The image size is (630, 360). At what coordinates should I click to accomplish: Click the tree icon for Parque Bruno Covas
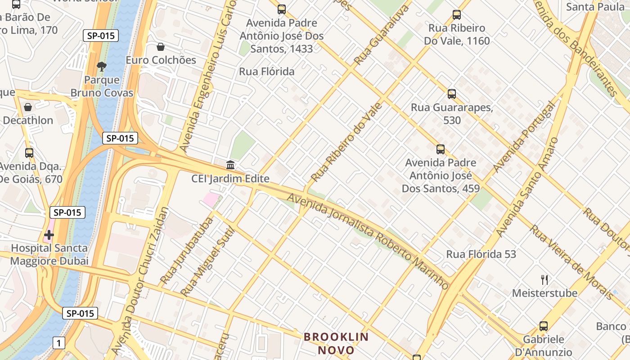pos(102,67)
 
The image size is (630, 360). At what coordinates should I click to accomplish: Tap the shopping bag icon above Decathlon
pos(28,107)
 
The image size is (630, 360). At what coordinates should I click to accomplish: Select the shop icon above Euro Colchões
pos(161,47)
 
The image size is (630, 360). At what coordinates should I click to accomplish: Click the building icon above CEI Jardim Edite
pos(230,165)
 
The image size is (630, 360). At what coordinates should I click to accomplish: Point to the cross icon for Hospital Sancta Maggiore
pos(49,234)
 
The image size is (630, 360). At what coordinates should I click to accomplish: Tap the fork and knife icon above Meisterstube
pos(544,279)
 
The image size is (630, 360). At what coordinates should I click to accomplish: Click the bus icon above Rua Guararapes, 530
pos(452,94)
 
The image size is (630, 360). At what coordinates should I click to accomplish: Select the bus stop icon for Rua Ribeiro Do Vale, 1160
pos(457,15)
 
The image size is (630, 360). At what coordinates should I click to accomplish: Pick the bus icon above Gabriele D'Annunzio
pos(544,326)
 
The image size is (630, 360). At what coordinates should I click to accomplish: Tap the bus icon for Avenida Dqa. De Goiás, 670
pos(29,153)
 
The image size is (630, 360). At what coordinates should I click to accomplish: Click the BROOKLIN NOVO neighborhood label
pos(336,343)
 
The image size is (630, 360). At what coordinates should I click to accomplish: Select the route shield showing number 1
pos(58,343)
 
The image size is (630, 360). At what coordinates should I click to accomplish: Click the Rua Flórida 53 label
pos(481,254)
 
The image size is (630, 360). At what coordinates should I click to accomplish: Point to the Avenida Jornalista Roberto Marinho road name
pos(368,241)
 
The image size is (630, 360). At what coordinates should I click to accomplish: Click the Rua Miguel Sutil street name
pos(208,262)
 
